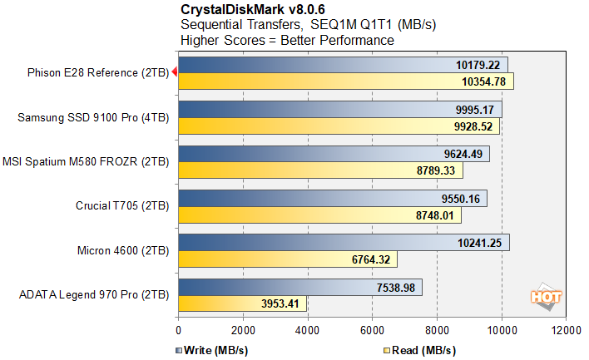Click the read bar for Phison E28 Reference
(x=345, y=81)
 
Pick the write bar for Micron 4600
(x=344, y=243)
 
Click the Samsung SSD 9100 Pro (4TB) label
(x=93, y=118)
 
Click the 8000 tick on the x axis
(x=436, y=329)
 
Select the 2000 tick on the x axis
(x=242, y=329)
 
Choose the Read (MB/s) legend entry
(x=419, y=349)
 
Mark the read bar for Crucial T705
(x=319, y=215)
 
